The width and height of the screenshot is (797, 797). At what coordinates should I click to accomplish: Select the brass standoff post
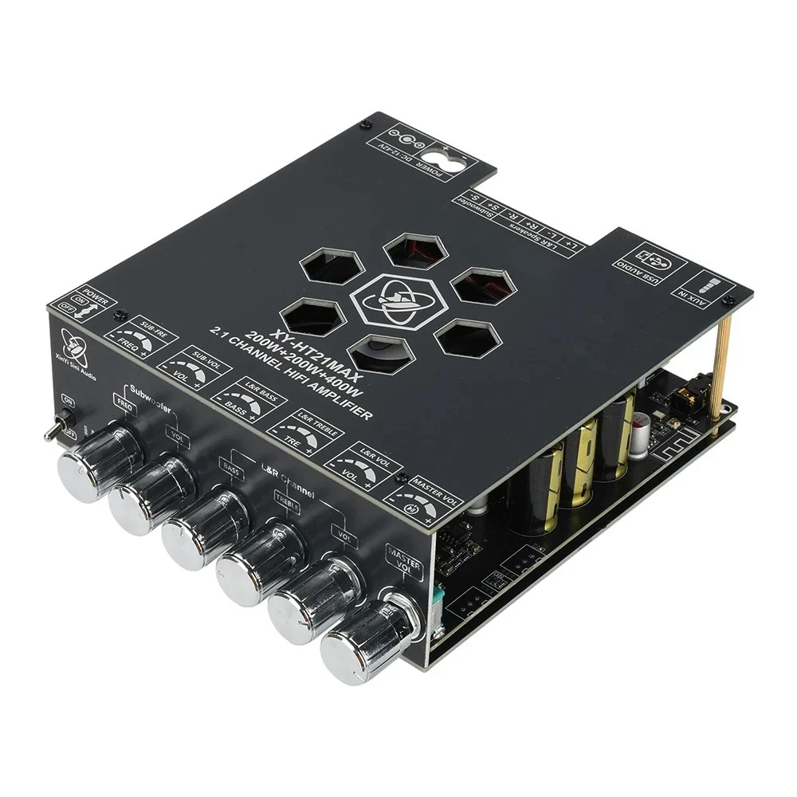click(724, 367)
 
